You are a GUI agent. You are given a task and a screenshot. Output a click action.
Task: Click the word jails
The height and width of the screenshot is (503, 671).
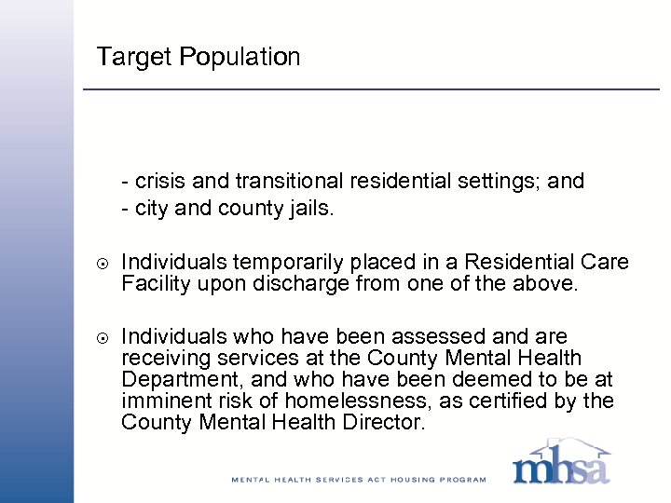[x=309, y=209]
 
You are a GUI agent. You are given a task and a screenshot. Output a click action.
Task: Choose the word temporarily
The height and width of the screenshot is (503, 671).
[x=281, y=264]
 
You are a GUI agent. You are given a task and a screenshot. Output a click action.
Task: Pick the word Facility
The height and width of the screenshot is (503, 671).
[x=156, y=284]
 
